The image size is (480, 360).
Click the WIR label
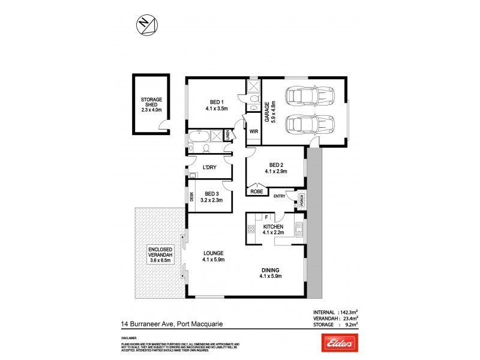(x=253, y=130)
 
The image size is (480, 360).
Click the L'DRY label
(x=209, y=167)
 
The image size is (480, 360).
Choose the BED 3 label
(x=211, y=194)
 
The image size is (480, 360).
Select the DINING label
(x=269, y=268)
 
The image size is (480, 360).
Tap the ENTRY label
(x=280, y=196)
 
